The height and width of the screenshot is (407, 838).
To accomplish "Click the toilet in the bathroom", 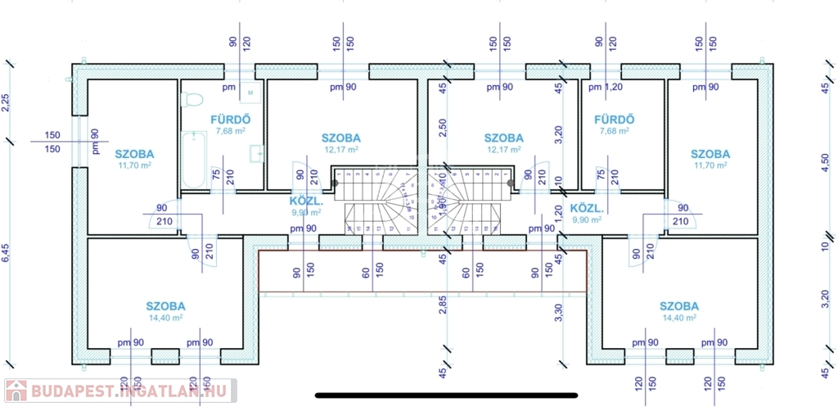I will coord(193,100).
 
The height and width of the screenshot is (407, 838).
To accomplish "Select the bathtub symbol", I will coord(194,161).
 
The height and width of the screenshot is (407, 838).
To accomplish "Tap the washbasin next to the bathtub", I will coord(258,151).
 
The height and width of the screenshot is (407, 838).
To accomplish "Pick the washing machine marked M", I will coord(251,92).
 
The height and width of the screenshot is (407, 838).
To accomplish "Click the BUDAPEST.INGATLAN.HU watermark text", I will coord(130,391).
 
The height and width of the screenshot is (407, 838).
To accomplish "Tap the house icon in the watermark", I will coord(16,391).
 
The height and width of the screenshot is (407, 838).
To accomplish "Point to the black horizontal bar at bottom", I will coord(446,396).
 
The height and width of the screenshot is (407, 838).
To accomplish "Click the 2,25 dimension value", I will coord(6,102).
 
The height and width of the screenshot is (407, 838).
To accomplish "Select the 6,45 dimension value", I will coord(6,253).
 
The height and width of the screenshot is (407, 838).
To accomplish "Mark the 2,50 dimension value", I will coord(443,130).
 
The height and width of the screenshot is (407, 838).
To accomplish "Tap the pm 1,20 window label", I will coord(606,87).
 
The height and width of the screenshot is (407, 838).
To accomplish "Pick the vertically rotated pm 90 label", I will coord(95,141).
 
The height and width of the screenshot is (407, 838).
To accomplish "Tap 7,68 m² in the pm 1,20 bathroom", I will coord(614,130).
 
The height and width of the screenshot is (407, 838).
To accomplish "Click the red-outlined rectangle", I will coord(422,271).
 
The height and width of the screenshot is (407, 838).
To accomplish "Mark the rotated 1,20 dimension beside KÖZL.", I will coord(559,214).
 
